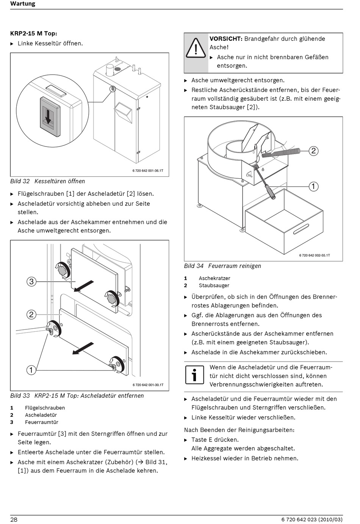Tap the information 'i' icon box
[194, 375]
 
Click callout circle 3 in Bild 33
[31, 281]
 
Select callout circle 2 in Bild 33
[31, 315]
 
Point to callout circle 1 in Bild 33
[31, 370]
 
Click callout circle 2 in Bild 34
[313, 151]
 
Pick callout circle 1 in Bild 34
[313, 186]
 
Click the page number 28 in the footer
[14, 519]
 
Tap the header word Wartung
[23, 4]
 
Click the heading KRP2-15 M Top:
[34, 33]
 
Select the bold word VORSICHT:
[226, 39]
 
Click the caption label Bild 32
[20, 181]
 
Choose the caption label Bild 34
[194, 266]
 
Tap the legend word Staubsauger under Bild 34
[214, 285]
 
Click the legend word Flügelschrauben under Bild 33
[45, 408]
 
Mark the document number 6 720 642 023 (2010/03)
[312, 519]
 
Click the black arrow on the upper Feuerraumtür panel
[84, 286]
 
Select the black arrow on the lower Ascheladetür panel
[83, 348]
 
